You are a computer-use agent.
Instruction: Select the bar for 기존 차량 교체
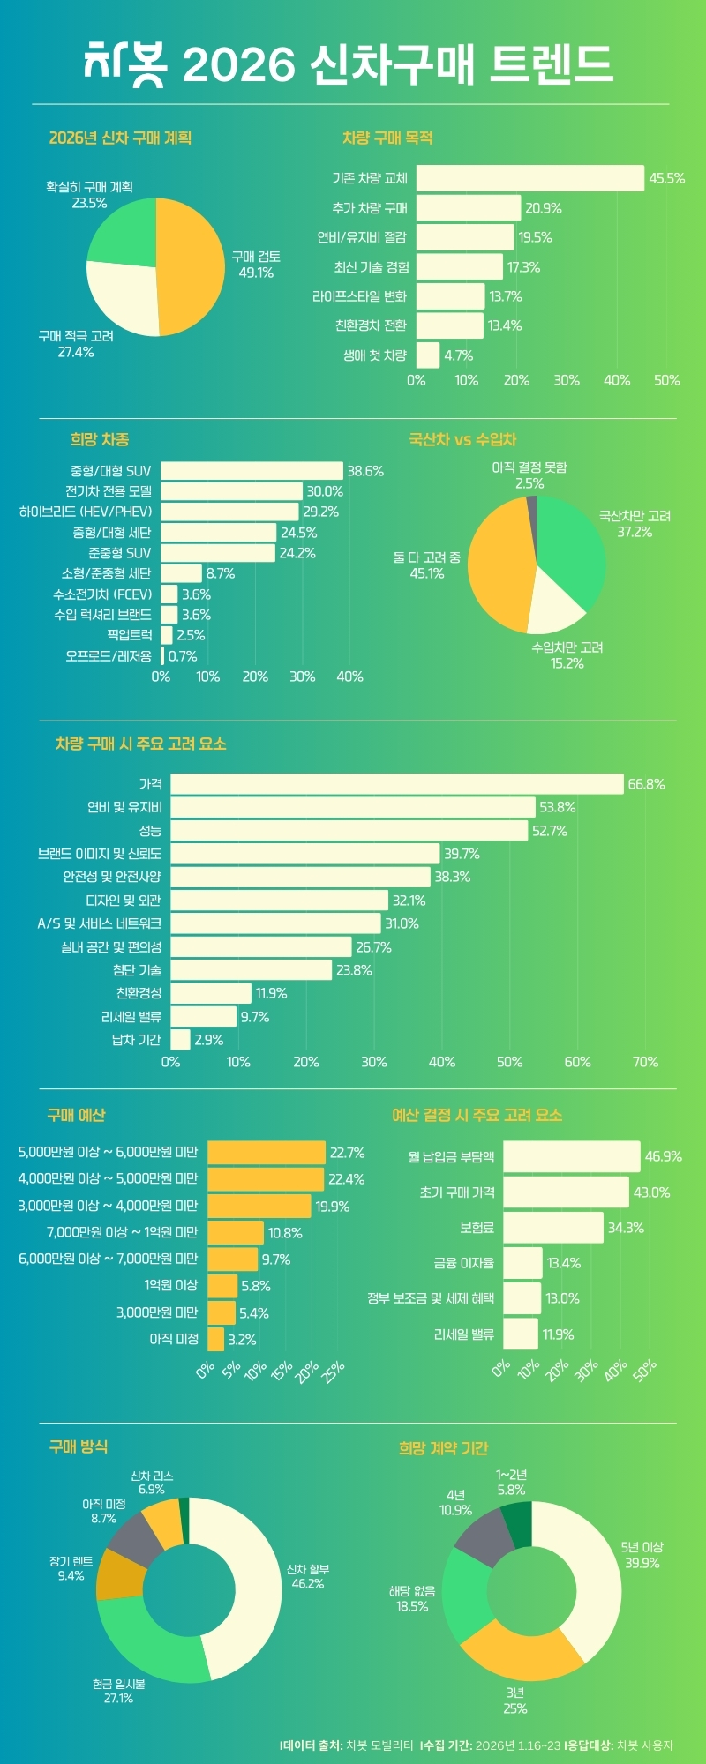click(529, 178)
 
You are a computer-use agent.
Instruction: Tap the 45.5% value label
click(666, 178)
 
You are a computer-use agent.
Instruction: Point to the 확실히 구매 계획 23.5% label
click(89, 195)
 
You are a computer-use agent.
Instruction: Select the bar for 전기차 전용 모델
click(231, 491)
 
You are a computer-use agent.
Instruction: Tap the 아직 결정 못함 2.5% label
click(529, 475)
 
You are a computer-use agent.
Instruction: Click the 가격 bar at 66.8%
click(397, 784)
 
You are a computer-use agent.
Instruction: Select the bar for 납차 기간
click(180, 1040)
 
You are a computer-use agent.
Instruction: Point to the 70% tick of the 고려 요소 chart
click(645, 1062)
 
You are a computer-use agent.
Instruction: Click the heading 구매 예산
click(76, 1115)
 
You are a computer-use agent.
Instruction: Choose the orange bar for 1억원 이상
click(222, 1286)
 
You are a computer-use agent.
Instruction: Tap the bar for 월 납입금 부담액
click(571, 1156)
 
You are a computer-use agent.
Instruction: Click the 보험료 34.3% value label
click(626, 1228)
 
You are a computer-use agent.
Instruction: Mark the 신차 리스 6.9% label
click(152, 1482)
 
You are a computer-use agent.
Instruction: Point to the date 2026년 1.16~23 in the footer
click(517, 1745)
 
